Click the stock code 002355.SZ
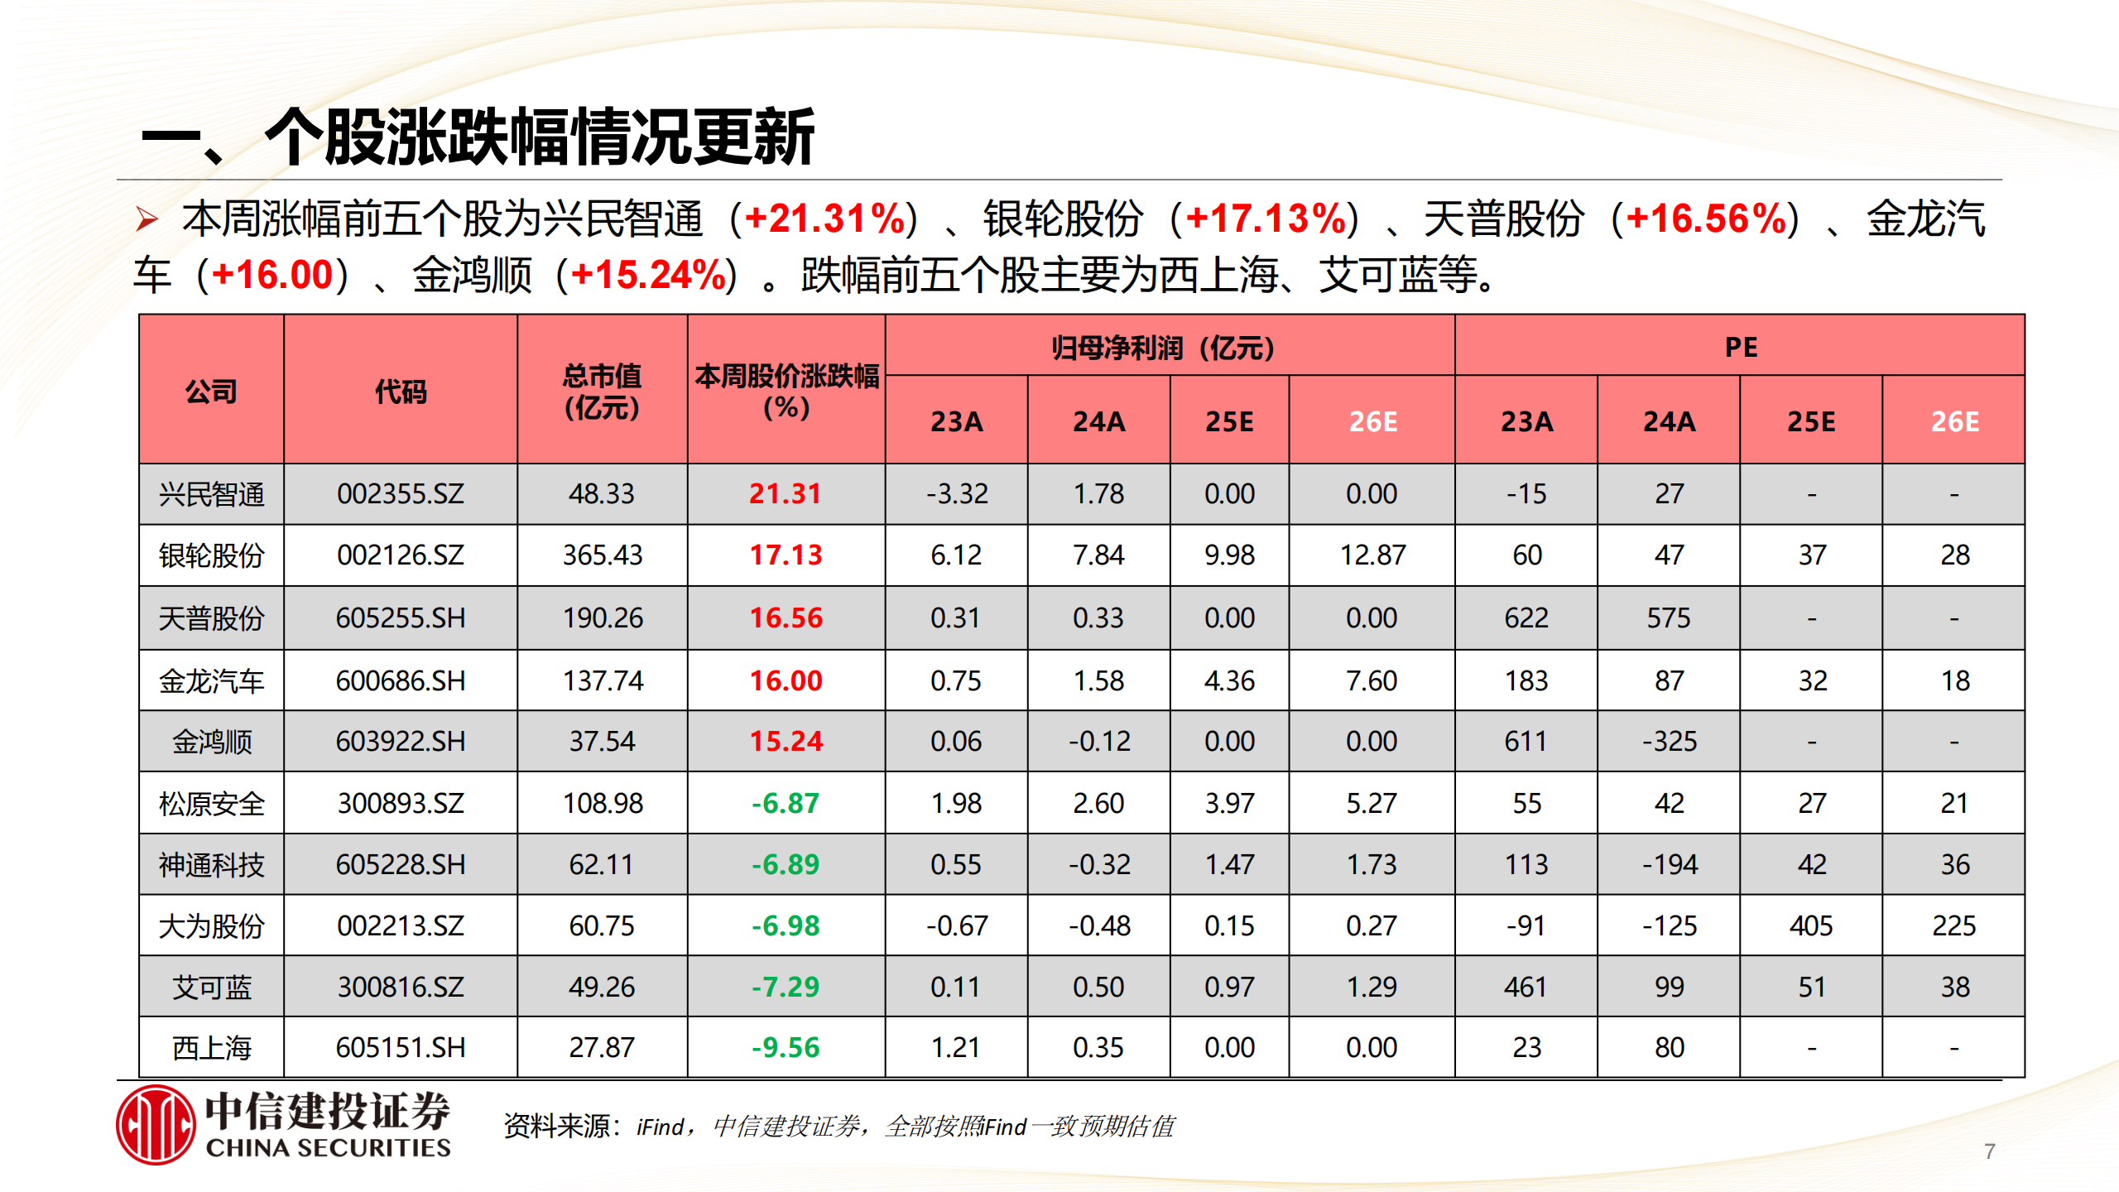tap(400, 494)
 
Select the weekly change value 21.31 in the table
tap(785, 494)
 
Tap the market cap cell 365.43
tap(602, 555)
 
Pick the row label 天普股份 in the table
tap(211, 618)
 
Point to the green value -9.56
tap(785, 1048)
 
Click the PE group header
tap(1740, 347)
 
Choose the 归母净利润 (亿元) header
tap(1162, 348)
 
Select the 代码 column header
tap(400, 391)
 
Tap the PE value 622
tap(1526, 618)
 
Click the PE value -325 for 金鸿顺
tap(1669, 741)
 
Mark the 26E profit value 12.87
tap(1372, 555)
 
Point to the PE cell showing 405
tap(1811, 925)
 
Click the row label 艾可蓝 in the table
tap(211, 987)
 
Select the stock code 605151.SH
tap(400, 1048)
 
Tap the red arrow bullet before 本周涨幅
tap(147, 220)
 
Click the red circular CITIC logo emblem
tap(156, 1125)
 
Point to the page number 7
tap(1990, 1151)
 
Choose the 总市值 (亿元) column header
tap(602, 391)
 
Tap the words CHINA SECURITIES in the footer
tap(328, 1148)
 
